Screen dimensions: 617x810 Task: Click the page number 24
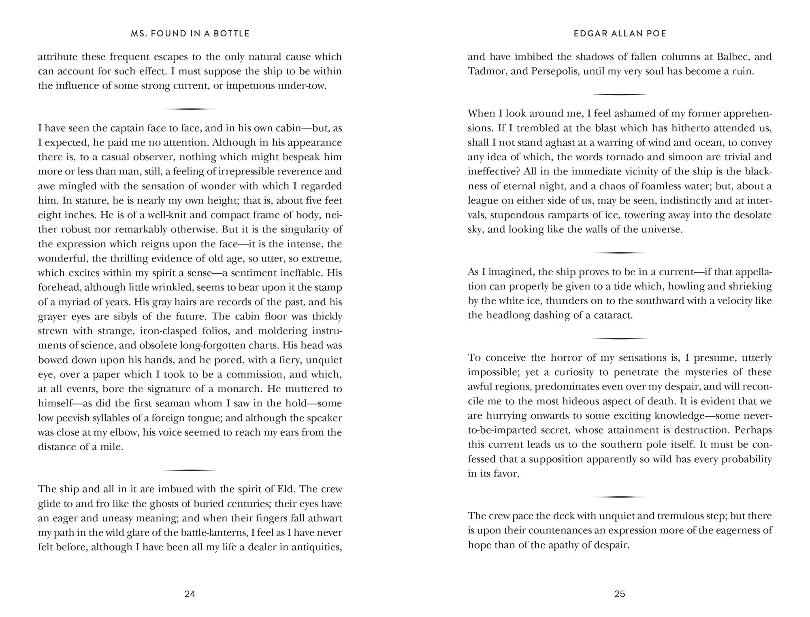190,594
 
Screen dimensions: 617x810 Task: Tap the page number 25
620,594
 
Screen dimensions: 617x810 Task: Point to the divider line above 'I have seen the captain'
190,109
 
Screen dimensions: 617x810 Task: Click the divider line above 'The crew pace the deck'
619,497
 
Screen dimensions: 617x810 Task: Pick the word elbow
122,433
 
